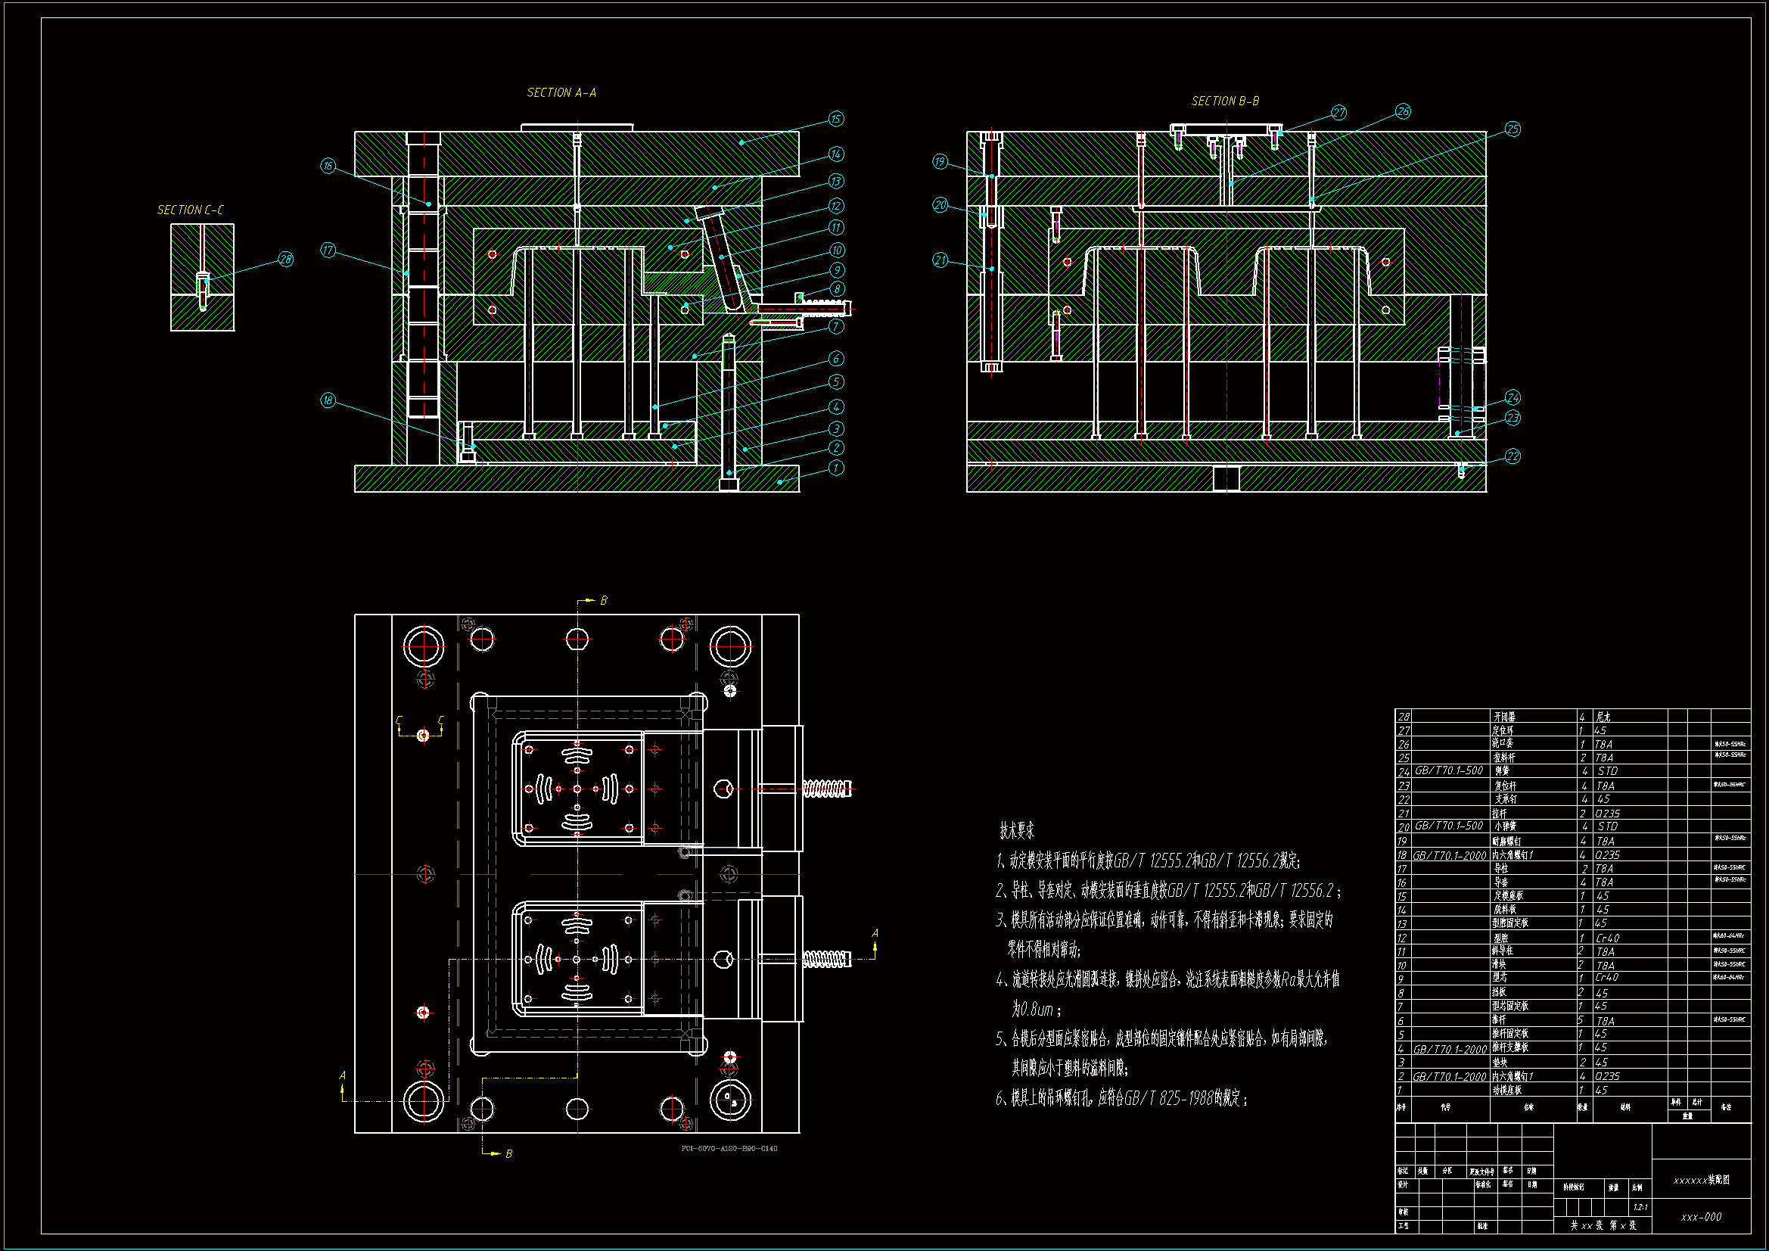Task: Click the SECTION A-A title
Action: [x=561, y=92]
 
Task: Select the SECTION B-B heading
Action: [x=1225, y=101]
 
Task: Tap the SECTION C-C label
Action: [x=191, y=210]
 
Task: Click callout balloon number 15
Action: [x=836, y=119]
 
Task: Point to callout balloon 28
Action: [x=286, y=259]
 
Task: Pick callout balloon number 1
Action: [x=836, y=468]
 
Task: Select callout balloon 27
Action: [x=1339, y=113]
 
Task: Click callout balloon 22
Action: [x=1513, y=456]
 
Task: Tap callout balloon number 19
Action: [x=940, y=161]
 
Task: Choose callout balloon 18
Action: [x=328, y=400]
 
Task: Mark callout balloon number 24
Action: [x=1513, y=398]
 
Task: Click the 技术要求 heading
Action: [x=1017, y=830]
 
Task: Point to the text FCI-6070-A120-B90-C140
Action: [x=729, y=1149]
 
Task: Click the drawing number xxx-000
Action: [x=1701, y=1217]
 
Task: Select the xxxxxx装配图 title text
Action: [x=1701, y=1180]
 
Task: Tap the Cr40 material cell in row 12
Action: [x=1607, y=938]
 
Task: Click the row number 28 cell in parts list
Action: [x=1404, y=717]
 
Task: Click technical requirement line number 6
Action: [x=1121, y=1098]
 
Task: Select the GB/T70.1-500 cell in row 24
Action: [x=1448, y=770]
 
